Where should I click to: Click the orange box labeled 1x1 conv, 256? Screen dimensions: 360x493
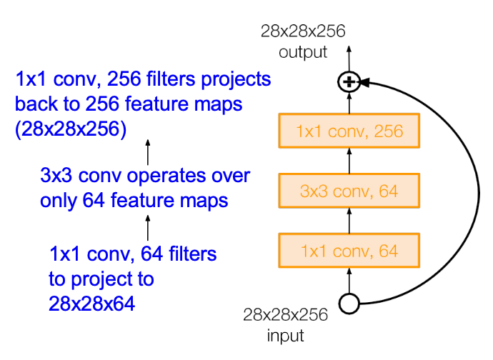tap(349, 131)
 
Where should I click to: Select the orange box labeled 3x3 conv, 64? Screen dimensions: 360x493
tap(349, 191)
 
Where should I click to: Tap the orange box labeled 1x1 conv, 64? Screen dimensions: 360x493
tap(349, 251)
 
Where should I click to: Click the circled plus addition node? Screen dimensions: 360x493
tap(349, 83)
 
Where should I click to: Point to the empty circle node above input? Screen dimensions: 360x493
tap(349, 304)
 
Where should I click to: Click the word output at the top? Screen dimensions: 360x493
tap(304, 52)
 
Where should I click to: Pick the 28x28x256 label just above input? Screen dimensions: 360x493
tap(285, 315)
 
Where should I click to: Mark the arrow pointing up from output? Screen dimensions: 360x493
tap(349, 56)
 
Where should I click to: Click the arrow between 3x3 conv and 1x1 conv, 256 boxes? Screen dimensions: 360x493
tap(349, 161)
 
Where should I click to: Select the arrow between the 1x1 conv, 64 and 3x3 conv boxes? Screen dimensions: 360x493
tap(349, 221)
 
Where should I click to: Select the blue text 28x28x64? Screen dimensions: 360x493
tap(92, 304)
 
